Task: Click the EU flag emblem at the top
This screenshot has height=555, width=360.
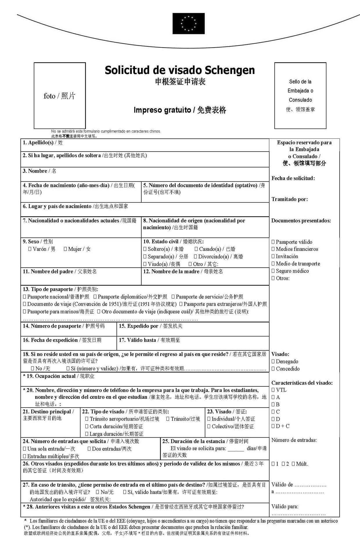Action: pyautogui.click(x=188, y=24)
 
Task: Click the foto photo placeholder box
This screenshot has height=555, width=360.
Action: pyautogui.click(x=60, y=95)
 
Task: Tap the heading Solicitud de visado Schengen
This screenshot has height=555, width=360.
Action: pyautogui.click(x=180, y=70)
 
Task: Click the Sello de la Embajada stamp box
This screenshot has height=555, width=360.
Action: pyautogui.click(x=300, y=95)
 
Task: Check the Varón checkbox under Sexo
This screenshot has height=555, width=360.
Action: pyautogui.click(x=30, y=249)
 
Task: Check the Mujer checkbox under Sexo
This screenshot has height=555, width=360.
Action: pyautogui.click(x=65, y=249)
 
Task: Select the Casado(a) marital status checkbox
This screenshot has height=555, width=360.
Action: pyautogui.click(x=196, y=249)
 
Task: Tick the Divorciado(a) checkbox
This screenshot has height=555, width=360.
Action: pyautogui.click(x=196, y=257)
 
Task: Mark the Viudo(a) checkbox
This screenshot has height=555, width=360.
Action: pyautogui.click(x=145, y=264)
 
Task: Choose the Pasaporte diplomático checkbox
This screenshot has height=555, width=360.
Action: pyautogui.click(x=95, y=297)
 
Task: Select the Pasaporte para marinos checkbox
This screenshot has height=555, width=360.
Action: pyautogui.click(x=25, y=312)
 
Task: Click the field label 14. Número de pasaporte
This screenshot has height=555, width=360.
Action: pyautogui.click(x=52, y=326)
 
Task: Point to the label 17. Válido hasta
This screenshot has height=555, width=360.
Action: pyautogui.click(x=137, y=340)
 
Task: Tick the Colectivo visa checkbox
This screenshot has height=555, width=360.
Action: pyautogui.click(x=209, y=426)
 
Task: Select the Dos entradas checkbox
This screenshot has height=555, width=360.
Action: pyautogui.click(x=89, y=449)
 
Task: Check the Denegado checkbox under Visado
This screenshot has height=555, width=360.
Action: pyautogui.click(x=273, y=362)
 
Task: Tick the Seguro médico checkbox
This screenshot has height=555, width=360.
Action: pyautogui.click(x=273, y=271)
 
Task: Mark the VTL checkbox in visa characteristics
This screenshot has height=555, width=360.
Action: pyautogui.click(x=273, y=390)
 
